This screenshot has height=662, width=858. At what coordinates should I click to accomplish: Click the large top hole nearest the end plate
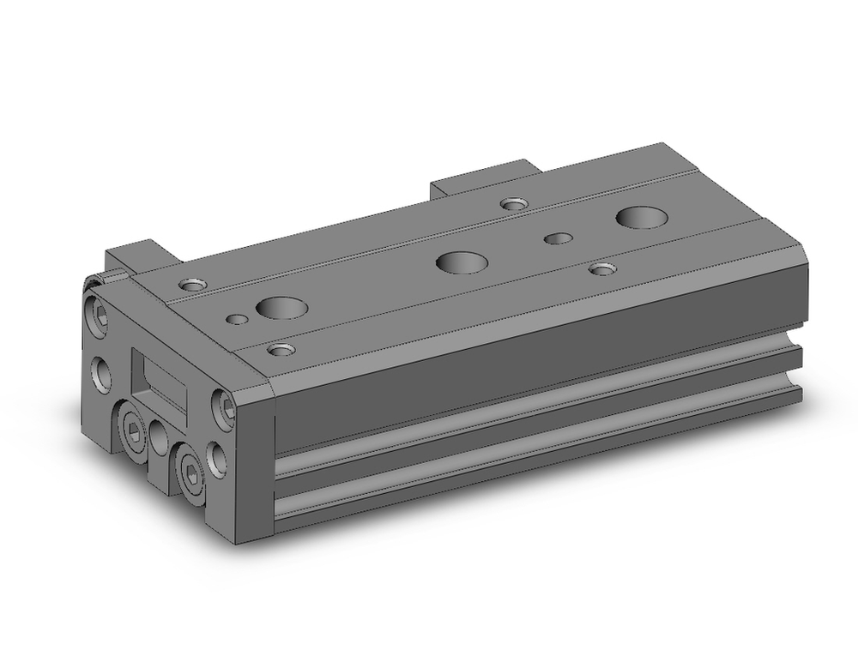click(x=282, y=307)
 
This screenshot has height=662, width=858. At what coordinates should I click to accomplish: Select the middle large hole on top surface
click(x=461, y=262)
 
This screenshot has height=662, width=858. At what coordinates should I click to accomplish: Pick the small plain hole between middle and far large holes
click(x=559, y=238)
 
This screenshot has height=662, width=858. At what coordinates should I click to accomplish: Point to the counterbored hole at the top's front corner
click(x=281, y=349)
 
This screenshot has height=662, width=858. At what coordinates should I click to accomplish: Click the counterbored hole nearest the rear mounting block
click(x=514, y=204)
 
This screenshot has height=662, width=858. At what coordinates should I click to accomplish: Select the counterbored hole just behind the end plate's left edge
click(x=190, y=284)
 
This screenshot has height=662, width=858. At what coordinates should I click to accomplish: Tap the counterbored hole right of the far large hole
click(x=603, y=269)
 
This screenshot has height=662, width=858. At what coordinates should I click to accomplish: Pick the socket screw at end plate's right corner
click(x=226, y=406)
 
